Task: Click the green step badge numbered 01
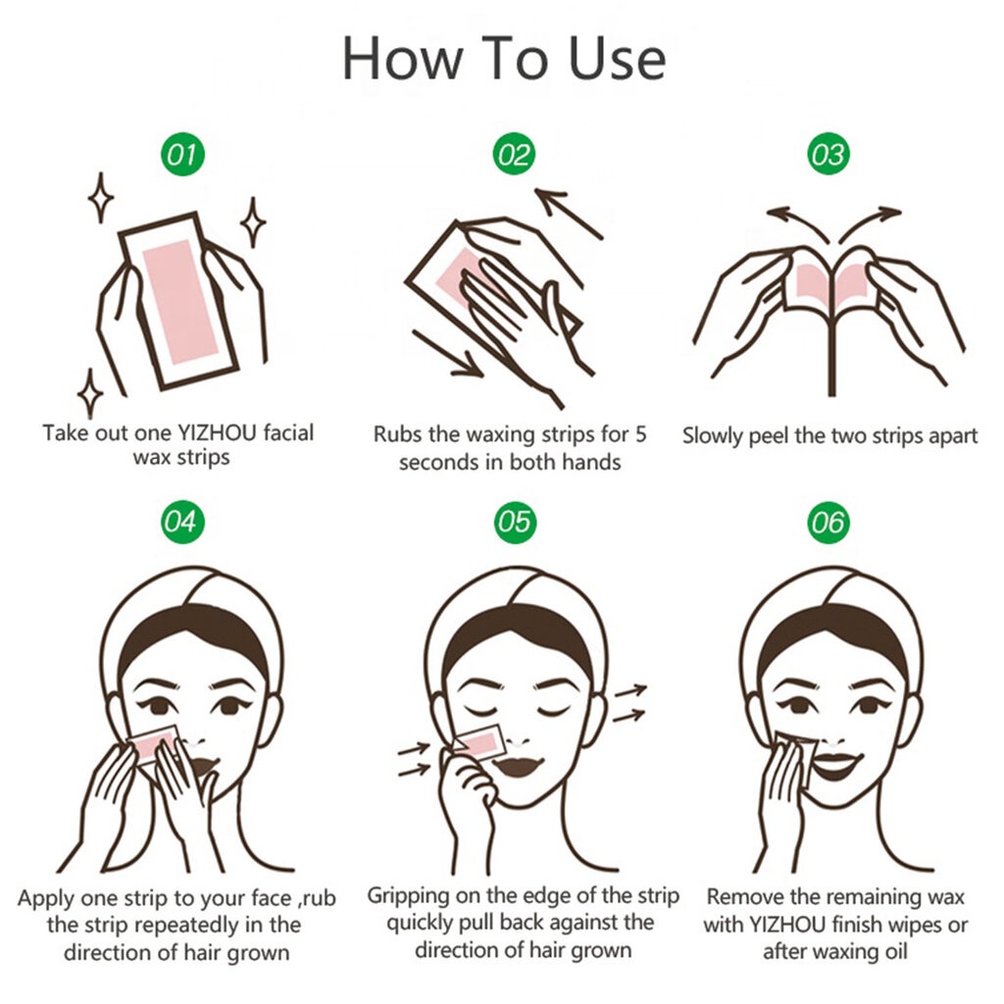point(182,154)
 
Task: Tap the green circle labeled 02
point(514,154)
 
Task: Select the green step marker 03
point(828,154)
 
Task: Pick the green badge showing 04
point(182,522)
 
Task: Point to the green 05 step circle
point(515,522)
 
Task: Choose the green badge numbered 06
point(828,523)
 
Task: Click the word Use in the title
point(618,59)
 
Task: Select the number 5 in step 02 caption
point(640,434)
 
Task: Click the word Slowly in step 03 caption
point(712,436)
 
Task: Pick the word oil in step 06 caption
point(894,951)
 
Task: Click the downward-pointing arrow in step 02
point(447,353)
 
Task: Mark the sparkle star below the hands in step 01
point(90,393)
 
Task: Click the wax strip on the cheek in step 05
point(477,743)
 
